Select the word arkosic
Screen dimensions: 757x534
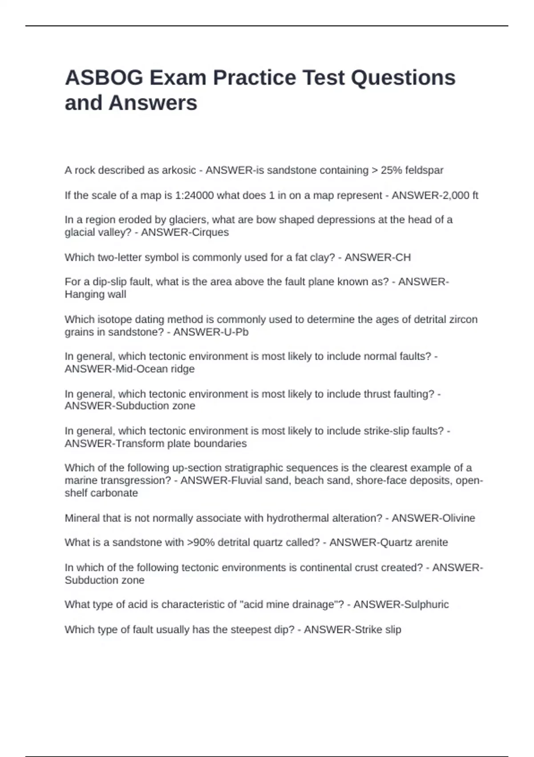click(x=178, y=170)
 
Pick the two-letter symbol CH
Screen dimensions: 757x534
click(x=403, y=257)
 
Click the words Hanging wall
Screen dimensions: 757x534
click(x=95, y=294)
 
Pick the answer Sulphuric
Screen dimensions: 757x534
click(x=426, y=604)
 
